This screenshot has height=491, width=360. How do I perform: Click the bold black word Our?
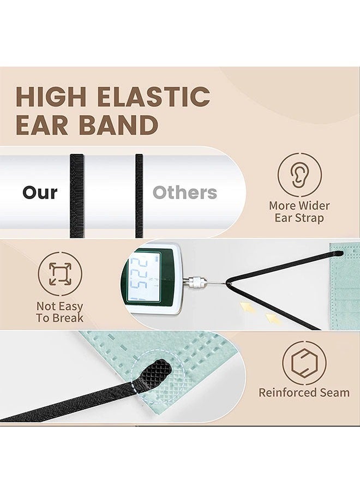pos(40,193)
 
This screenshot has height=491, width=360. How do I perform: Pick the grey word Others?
pos(184,193)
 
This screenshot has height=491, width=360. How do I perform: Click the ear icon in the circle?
pos(299,174)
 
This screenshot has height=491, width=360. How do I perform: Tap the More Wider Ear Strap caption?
pos(299,212)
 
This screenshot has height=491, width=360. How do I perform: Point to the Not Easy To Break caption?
pos(60,312)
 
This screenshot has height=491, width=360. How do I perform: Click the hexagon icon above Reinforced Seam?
pos(304,363)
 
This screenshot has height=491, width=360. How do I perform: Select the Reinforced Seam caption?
pos(304,392)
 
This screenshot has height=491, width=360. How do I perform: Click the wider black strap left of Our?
pos(76,195)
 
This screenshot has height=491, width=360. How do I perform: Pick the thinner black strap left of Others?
pos(139,195)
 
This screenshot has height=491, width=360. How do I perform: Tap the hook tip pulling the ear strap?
pos(227,283)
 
